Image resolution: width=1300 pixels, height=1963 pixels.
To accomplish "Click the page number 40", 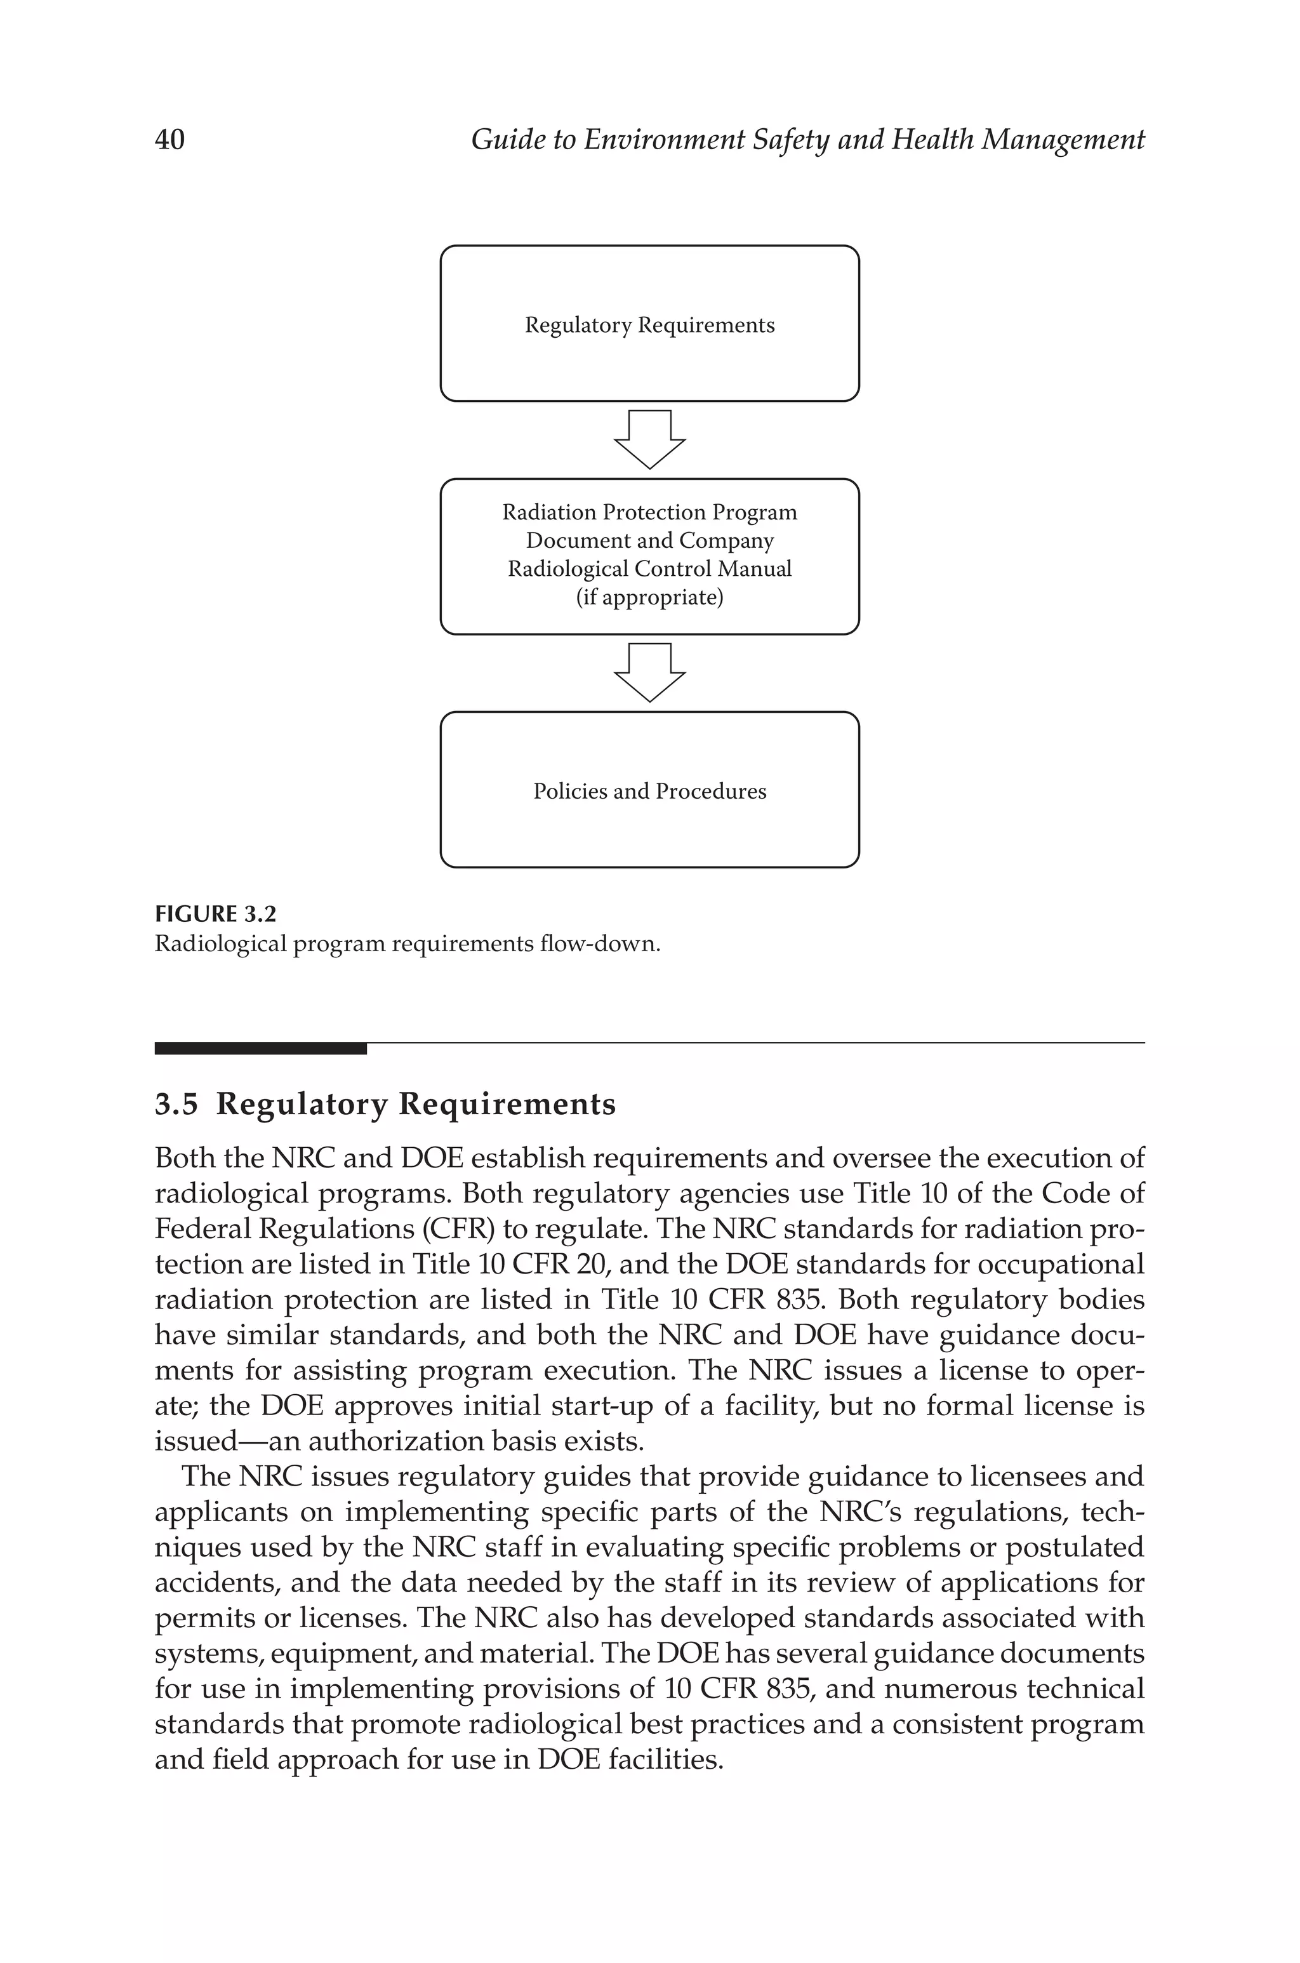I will [x=170, y=139].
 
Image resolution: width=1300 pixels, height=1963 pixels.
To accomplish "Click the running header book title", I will [x=807, y=139].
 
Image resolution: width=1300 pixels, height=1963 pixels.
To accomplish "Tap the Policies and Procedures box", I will [x=649, y=790].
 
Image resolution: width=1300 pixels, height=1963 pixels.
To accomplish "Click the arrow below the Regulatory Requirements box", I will [x=649, y=439].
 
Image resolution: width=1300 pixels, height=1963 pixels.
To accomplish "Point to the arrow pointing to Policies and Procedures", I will [x=649, y=672].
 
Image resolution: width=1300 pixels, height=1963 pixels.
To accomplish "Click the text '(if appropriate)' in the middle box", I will [x=649, y=597].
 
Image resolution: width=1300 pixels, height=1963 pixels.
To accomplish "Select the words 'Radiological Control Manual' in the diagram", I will [x=649, y=569].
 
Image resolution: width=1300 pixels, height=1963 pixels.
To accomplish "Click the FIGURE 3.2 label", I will [x=216, y=914].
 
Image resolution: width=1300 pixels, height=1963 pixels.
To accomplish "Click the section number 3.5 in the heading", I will [x=176, y=1104].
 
